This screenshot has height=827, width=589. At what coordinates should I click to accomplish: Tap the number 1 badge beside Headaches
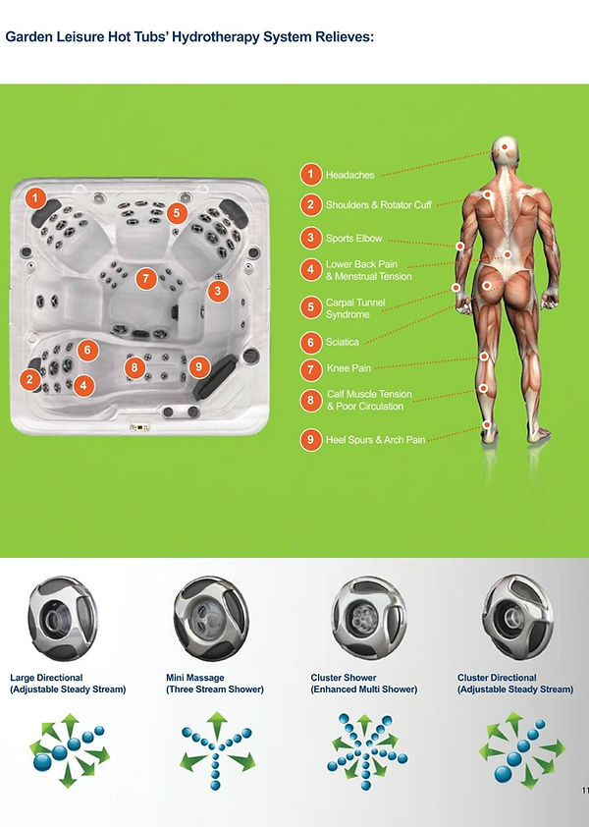point(311,175)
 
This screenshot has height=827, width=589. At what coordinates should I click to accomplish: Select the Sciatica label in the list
point(343,343)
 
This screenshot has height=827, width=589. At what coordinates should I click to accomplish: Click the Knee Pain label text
point(348,368)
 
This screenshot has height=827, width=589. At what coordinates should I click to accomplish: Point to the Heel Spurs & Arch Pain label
point(375,440)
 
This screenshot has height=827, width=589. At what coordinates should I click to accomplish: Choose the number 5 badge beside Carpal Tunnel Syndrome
point(311,308)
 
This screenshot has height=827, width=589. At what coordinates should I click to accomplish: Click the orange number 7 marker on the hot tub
point(146,279)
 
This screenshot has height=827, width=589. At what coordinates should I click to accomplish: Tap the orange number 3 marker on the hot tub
point(218,291)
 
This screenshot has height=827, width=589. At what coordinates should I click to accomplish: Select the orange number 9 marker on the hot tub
point(199,366)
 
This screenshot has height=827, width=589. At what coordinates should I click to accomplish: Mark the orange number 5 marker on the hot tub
point(177,213)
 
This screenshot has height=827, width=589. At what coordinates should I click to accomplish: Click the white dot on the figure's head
point(505,146)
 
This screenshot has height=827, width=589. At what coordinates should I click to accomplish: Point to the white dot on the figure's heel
point(487,424)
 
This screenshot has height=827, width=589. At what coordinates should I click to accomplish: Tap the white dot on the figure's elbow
point(460,247)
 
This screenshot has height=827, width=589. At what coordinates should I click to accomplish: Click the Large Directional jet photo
point(62,618)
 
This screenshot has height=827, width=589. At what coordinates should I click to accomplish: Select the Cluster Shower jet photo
point(368,618)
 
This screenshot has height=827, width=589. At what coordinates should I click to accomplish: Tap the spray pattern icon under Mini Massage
point(217,750)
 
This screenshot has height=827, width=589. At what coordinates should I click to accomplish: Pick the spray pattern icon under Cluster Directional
point(521,749)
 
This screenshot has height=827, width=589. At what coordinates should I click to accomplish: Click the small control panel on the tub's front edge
point(139,427)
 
